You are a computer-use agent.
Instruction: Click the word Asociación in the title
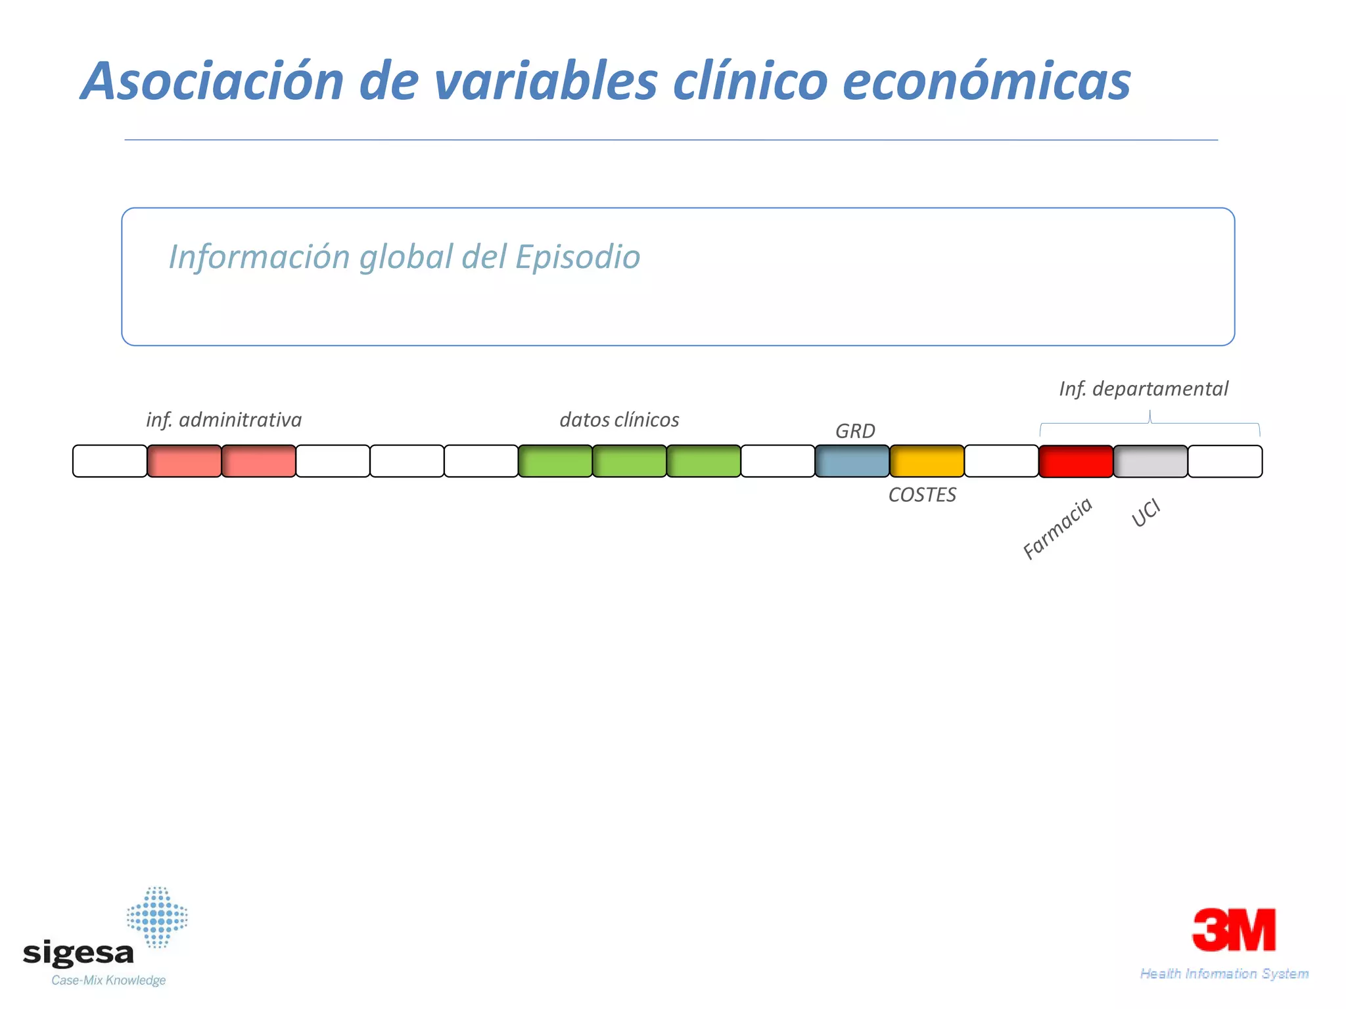tap(213, 81)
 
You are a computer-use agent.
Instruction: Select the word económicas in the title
tap(986, 81)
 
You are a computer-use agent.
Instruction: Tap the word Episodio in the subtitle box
tap(577, 257)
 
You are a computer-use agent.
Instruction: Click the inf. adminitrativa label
tap(223, 420)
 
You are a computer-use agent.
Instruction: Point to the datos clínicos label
tap(619, 420)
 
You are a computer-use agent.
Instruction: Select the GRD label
tap(855, 431)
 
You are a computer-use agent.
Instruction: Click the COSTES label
tap(922, 495)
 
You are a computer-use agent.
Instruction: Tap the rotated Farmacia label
tap(1057, 528)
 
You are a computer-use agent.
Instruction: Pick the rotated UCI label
tap(1146, 512)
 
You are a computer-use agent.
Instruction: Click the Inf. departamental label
tap(1143, 389)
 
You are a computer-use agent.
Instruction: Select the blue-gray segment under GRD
tap(852, 461)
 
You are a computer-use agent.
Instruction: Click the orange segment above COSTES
tap(927, 461)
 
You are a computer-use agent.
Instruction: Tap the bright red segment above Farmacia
tap(1076, 461)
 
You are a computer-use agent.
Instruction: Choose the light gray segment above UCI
tap(1150, 461)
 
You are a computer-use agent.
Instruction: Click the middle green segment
tap(630, 461)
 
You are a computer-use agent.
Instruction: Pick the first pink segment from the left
tap(184, 461)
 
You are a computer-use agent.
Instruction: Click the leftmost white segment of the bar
tap(110, 461)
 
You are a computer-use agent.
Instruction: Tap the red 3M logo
tap(1234, 930)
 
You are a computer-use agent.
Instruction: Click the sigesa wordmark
tap(78, 953)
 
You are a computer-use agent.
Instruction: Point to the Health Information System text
tap(1224, 974)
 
